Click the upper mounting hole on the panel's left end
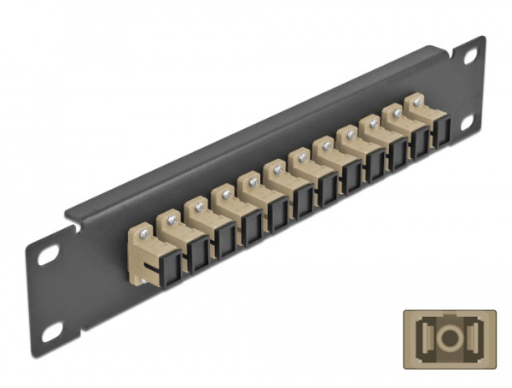[48, 253]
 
